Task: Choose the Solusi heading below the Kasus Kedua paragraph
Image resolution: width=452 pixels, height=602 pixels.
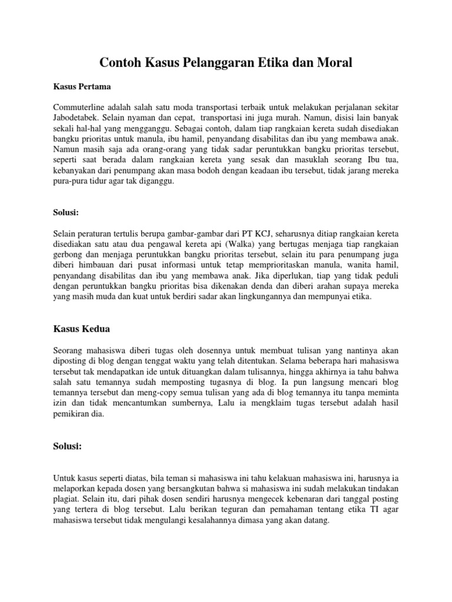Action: [x=68, y=446]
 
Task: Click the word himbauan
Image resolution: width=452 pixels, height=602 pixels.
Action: [x=101, y=265]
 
